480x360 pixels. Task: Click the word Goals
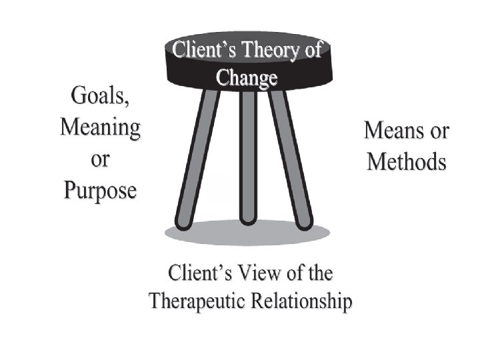point(100,97)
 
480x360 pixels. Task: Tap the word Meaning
point(100,127)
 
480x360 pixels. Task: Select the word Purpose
point(100,190)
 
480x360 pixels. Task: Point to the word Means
point(394,131)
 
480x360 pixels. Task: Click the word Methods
point(407,161)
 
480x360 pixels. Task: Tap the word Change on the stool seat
point(247,77)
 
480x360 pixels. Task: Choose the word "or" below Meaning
point(99,160)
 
